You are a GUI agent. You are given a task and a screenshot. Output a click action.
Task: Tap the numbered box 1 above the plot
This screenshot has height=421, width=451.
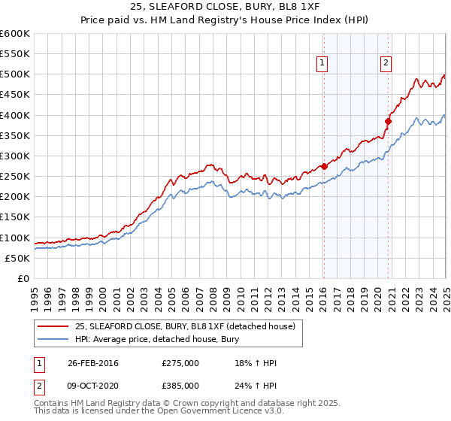322,64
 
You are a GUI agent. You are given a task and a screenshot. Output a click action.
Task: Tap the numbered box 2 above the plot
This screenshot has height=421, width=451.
386,64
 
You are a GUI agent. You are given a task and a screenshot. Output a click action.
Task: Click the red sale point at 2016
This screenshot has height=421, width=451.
324,166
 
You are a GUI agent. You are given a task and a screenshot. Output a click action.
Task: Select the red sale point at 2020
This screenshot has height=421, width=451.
389,121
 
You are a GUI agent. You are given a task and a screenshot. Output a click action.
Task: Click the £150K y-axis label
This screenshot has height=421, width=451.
15,217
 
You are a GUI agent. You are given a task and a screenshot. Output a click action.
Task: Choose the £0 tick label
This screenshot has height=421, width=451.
24,278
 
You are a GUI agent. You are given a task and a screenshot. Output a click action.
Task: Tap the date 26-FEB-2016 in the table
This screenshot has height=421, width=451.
93,363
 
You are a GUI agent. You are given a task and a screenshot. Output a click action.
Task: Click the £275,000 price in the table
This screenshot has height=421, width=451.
180,363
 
